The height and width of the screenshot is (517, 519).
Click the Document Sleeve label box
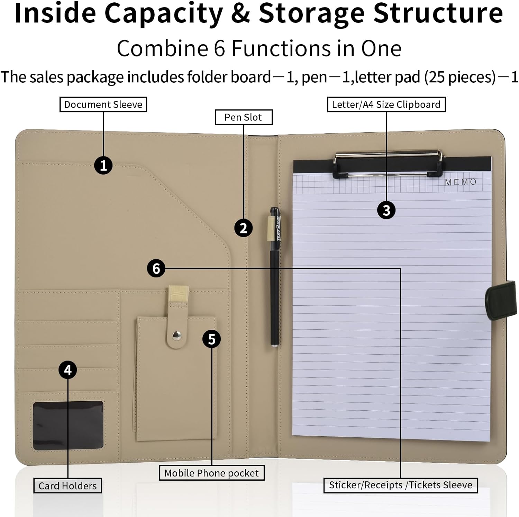[103, 105]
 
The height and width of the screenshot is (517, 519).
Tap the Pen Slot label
[244, 117]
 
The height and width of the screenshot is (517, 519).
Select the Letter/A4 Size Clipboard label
[386, 105]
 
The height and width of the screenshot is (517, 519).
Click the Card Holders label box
[67, 486]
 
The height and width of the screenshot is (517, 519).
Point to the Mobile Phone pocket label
[211, 473]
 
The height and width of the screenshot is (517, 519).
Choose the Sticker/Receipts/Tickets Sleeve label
[401, 485]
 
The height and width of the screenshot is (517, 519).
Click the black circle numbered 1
[103, 165]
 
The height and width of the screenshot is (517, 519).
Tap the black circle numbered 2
[243, 228]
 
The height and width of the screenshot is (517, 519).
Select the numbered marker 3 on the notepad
[386, 210]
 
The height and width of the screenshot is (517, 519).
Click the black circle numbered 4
[67, 370]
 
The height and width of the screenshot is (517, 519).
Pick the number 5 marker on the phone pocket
[212, 339]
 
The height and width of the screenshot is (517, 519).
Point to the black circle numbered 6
[156, 268]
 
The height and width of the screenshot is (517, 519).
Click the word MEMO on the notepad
[461, 182]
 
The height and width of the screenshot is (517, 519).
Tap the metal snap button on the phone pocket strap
[177, 335]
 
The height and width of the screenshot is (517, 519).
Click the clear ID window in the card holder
[68, 425]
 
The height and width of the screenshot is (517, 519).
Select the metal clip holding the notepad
[388, 163]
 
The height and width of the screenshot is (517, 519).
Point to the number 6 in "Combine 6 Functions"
[219, 48]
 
